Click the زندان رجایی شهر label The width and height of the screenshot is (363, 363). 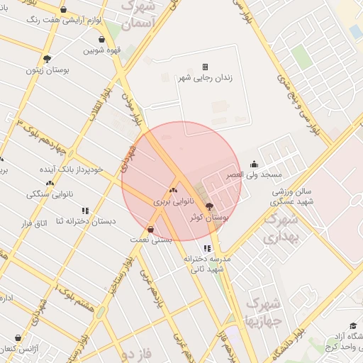click(x=206, y=77)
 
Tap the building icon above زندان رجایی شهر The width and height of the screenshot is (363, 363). click(x=206, y=67)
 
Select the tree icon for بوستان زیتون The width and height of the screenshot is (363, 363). click(x=48, y=59)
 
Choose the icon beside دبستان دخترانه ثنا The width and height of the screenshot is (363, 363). click(x=86, y=211)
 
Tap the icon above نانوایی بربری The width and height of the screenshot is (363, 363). click(x=173, y=190)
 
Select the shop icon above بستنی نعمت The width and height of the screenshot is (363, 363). click(x=150, y=229)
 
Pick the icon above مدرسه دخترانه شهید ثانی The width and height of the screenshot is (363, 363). click(x=207, y=248)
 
